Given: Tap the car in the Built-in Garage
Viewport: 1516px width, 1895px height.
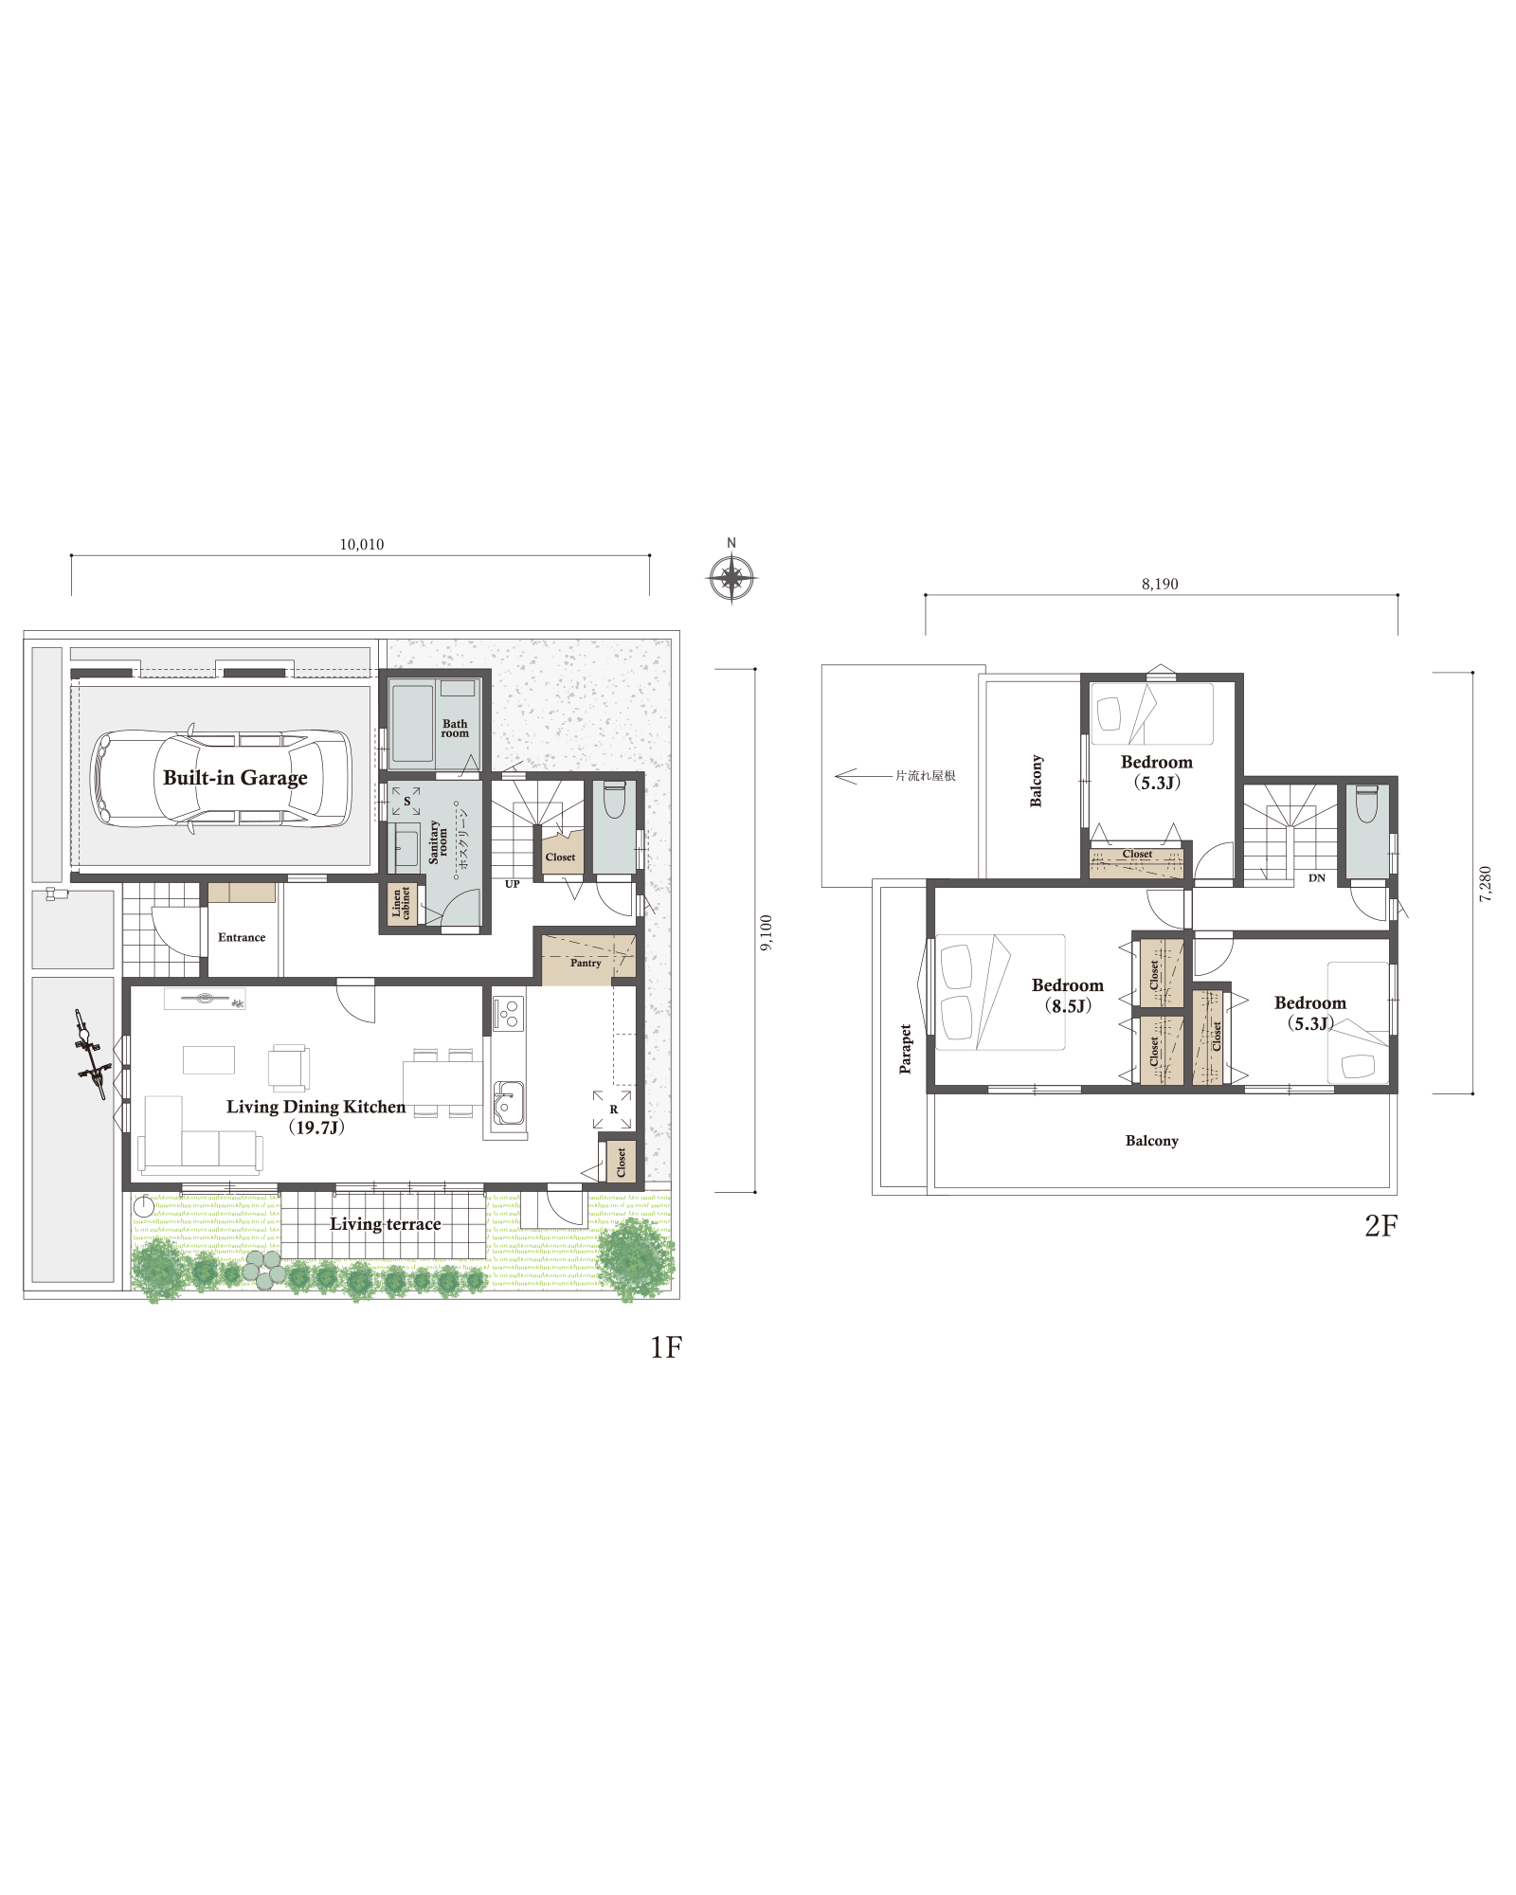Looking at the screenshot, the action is coord(221,779).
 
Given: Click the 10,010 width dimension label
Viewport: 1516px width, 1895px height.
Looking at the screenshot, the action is coord(362,545).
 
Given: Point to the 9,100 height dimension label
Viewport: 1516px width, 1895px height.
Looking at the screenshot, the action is coord(767,932).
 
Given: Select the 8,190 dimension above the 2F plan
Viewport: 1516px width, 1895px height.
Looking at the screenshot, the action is coord(1160,585).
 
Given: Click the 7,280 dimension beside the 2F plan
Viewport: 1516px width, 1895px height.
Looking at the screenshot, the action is coord(1486,884).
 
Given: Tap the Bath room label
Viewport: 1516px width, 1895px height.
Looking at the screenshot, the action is coord(455,729).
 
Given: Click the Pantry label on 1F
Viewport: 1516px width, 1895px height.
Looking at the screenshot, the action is coord(586,963).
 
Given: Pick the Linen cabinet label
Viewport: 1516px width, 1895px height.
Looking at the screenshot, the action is coord(402,904).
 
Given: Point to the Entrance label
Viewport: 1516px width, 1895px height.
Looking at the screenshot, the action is coord(242,938).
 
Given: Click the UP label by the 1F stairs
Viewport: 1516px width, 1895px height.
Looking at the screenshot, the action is coord(513,884).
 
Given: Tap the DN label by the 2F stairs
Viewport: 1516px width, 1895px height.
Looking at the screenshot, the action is coord(1317,878).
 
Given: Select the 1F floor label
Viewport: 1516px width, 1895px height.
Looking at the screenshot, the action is coord(666,1347).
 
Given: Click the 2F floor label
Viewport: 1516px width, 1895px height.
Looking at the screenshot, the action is coord(1381,1226).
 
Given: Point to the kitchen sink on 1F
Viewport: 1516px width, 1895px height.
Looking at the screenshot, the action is coord(508,1103).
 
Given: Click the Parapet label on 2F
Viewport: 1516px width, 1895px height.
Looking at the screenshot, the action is coord(906,1049).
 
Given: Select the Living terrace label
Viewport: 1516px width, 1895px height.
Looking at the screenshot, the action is coord(386,1224).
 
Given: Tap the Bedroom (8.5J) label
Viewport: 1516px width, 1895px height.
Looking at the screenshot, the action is coord(1068,996).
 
